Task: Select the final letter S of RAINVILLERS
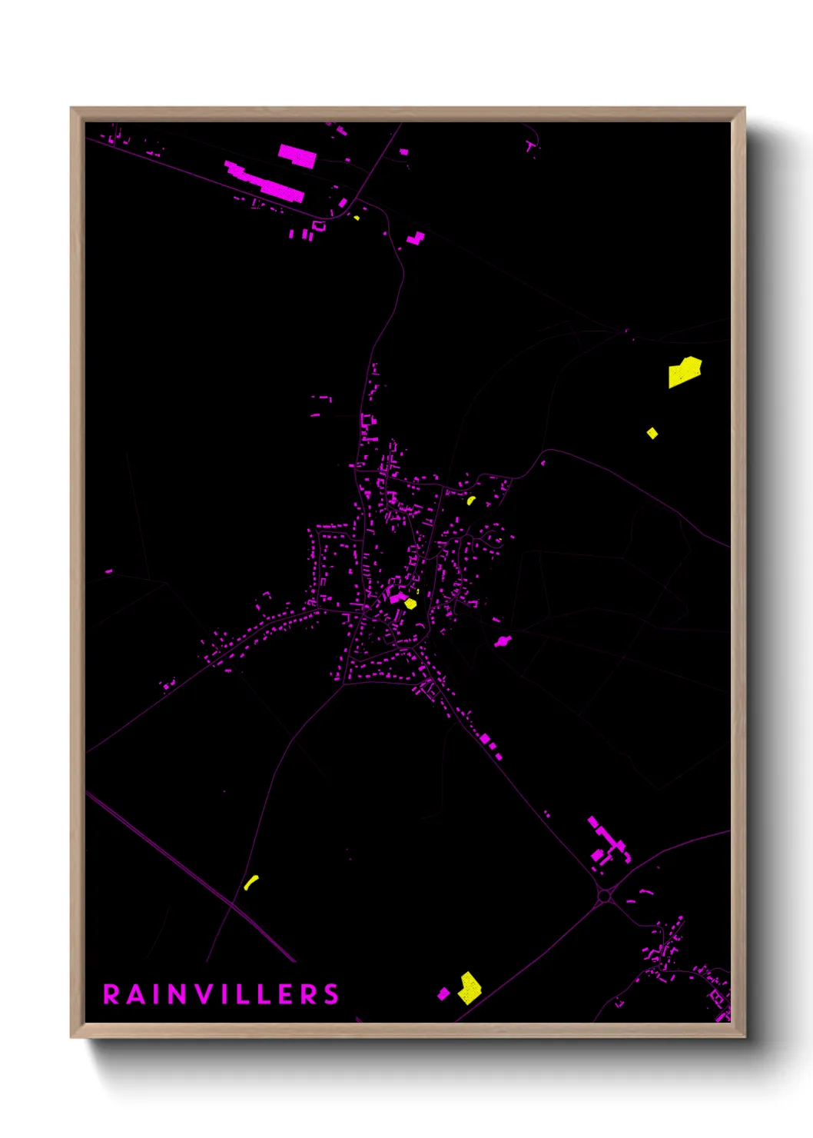[331, 994]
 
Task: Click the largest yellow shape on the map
[684, 372]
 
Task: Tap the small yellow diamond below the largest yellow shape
[652, 433]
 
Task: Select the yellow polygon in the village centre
[410, 604]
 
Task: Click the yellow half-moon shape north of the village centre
[471, 501]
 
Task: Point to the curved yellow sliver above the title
[251, 882]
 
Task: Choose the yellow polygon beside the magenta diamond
[469, 988]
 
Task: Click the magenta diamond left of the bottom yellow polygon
[443, 993]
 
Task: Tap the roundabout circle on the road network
[605, 896]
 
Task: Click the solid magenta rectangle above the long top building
[297, 156]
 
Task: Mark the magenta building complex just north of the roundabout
[608, 843]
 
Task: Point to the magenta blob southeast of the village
[502, 641]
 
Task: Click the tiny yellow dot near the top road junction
[357, 218]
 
